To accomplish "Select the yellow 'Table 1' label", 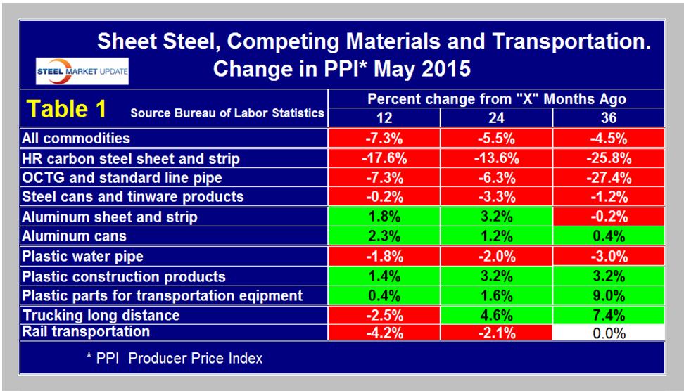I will pos(67,110).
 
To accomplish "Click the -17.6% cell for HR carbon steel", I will pos(384,158).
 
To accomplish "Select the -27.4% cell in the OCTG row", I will pos(609,178).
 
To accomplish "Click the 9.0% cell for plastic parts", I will pos(609,295).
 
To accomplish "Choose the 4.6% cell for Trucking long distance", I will pos(497,315).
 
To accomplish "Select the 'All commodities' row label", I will pos(76,139).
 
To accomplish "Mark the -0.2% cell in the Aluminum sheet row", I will pos(609,217).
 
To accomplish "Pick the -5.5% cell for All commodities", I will pos(497,139).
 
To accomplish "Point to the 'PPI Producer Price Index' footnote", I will pos(174,359).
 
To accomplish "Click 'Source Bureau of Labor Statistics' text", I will pos(227,113).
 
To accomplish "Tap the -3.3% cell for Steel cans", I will pos(497,197).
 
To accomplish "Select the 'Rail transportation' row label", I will pos(86,332).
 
